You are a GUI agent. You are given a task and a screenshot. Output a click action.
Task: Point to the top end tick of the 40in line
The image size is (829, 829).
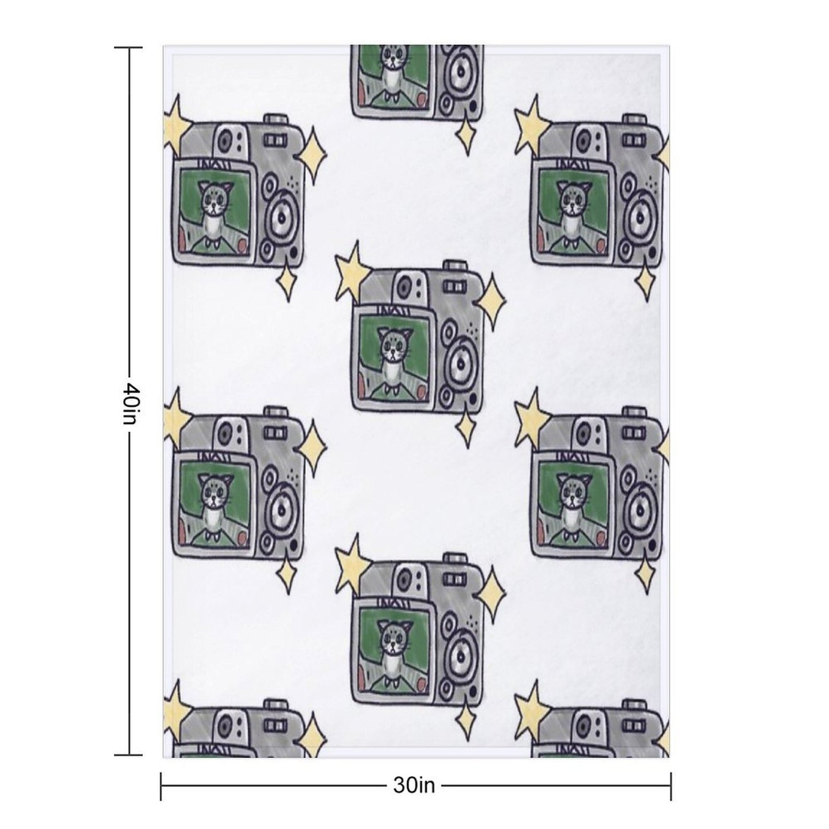tap(128, 48)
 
